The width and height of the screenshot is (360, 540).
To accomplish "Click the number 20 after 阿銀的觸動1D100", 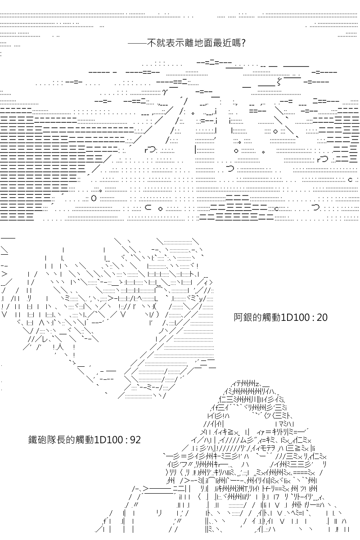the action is [x=322, y=318].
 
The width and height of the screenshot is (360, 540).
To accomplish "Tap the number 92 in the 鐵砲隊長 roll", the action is [x=135, y=440].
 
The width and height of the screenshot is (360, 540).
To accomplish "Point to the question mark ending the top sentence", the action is [x=243, y=43].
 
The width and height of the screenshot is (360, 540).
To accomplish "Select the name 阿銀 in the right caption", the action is [x=243, y=318].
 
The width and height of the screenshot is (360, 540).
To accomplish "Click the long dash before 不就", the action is [x=137, y=43].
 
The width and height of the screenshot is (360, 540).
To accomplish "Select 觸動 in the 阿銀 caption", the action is [x=272, y=318].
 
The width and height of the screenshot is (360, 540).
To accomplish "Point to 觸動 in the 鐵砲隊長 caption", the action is [x=85, y=440].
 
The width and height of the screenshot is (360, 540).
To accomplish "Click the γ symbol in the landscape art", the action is [x=165, y=92].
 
